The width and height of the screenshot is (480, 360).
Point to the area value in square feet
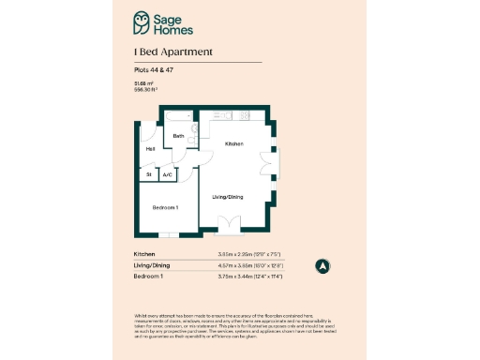pos(145,90)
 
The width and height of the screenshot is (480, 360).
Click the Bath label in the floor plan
pos(177,136)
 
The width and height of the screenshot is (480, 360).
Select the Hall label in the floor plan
pos(150,149)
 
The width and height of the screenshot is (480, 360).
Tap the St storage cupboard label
pos(148,174)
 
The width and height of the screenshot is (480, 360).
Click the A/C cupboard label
pos(167,174)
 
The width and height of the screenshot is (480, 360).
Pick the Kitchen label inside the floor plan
pos(233,144)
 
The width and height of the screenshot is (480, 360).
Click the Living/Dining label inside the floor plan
pos(228,196)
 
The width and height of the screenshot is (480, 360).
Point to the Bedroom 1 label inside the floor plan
pos(165,206)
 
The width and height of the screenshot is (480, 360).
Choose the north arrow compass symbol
pos(322,265)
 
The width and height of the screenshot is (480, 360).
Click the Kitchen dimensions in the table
pos(251,254)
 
